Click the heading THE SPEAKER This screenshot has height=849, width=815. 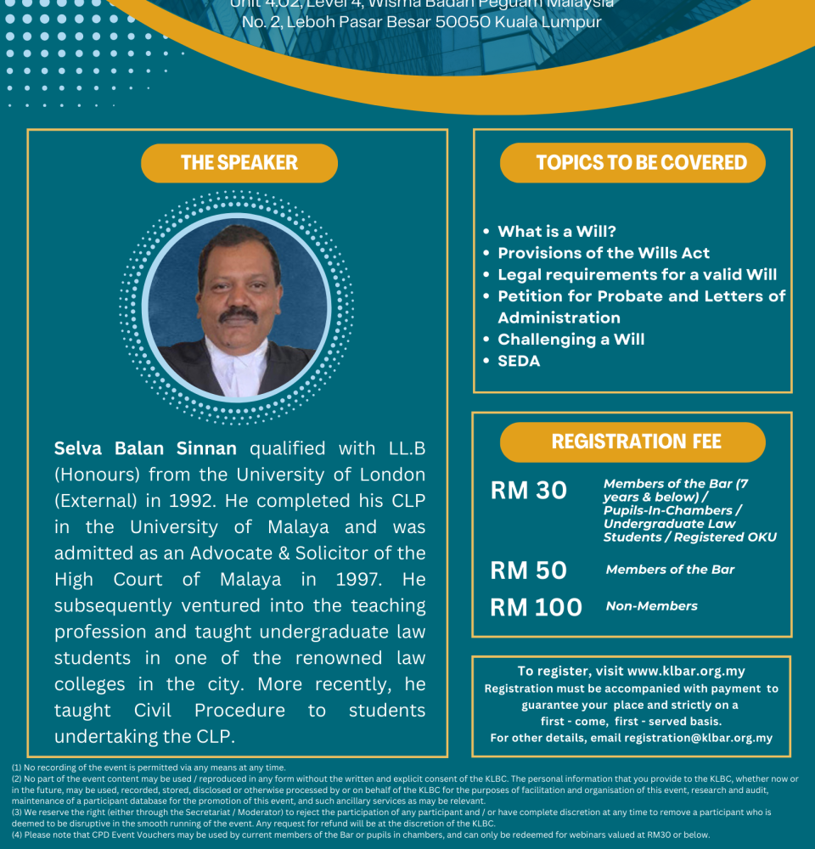239,163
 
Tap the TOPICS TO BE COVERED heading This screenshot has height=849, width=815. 641,163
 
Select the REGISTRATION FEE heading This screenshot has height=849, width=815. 636,441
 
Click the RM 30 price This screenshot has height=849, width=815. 528,491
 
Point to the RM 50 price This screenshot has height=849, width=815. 528,571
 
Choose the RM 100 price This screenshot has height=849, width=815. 536,607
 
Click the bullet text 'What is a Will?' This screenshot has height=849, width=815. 557,231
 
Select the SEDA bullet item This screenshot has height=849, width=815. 519,361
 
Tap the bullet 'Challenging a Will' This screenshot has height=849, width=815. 570,339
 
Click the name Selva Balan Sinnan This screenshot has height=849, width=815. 145,448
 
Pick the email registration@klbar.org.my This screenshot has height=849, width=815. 698,738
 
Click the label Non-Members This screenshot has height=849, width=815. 651,606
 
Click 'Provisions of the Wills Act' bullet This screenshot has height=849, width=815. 604,253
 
